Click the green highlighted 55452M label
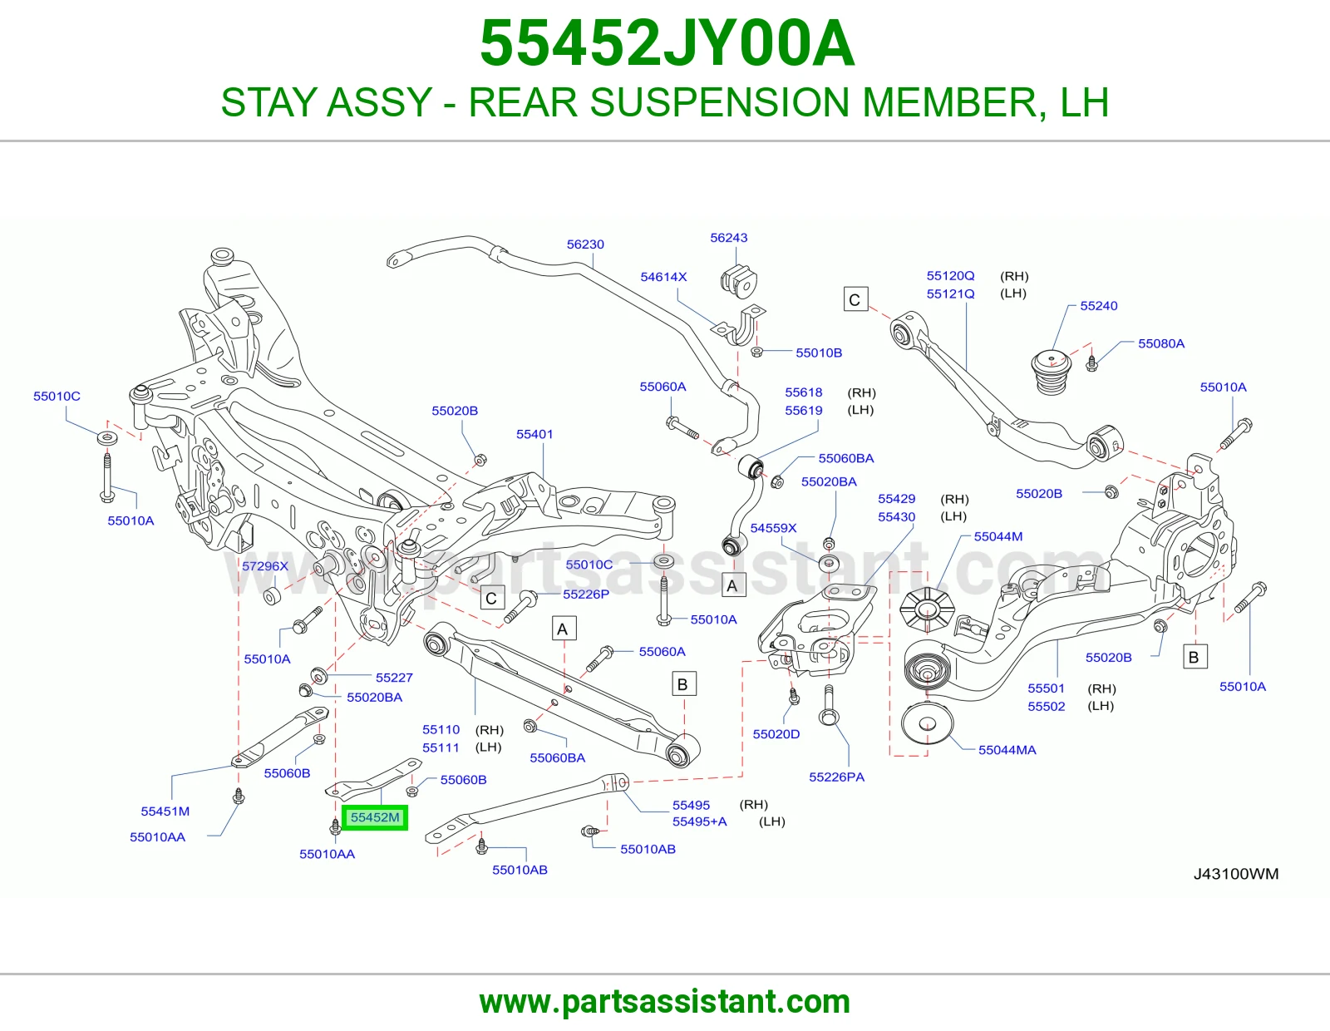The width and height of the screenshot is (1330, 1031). (x=375, y=817)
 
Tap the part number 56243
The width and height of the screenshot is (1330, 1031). (x=728, y=238)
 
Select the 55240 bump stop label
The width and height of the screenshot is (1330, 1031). (x=1099, y=305)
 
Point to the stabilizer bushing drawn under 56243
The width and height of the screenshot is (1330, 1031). (x=739, y=280)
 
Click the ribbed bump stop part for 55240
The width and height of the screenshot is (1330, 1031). (x=1052, y=372)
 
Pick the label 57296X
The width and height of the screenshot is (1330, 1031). (x=265, y=565)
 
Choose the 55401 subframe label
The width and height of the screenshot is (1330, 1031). (x=534, y=434)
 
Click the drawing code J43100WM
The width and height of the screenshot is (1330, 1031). (x=1236, y=874)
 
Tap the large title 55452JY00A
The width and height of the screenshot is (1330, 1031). (x=667, y=43)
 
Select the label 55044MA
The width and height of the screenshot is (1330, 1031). (x=1007, y=750)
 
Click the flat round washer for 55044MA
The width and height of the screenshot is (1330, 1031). (x=928, y=723)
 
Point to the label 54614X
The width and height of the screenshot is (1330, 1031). (x=663, y=277)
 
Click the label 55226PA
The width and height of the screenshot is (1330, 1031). (x=837, y=777)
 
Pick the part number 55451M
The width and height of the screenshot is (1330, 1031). (x=165, y=811)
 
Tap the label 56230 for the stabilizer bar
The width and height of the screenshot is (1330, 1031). (x=585, y=244)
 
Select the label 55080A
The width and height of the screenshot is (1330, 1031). (x=1161, y=343)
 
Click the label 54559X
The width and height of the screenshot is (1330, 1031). (x=773, y=528)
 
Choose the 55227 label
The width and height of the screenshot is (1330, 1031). (x=394, y=678)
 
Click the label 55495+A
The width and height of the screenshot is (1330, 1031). (x=700, y=821)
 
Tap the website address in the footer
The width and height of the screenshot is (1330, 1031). (x=665, y=1002)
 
